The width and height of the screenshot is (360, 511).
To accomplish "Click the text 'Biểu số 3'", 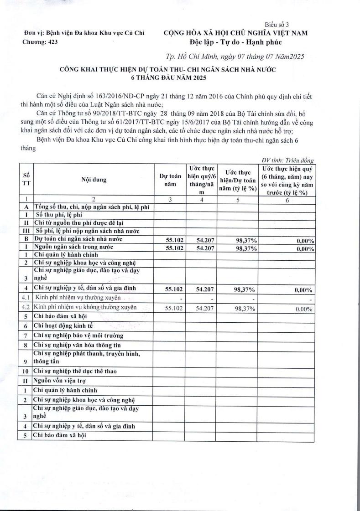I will coord(277,24).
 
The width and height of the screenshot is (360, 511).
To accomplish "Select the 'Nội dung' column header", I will coord(94,180).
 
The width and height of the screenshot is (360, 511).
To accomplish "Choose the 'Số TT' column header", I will coord(26,180).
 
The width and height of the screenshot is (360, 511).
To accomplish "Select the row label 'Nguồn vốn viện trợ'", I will coord(60,380).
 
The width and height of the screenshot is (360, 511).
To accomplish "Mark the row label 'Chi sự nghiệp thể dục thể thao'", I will coord(75,371).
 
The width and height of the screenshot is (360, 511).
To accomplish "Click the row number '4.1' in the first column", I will coord(26,298).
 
